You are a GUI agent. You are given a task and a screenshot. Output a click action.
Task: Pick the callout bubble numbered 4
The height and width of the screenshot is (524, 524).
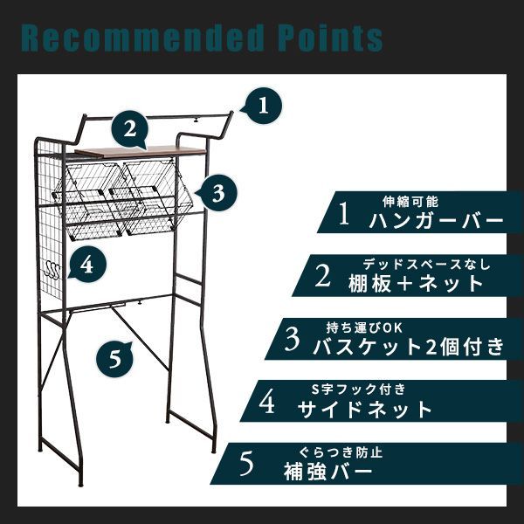click(x=87, y=264)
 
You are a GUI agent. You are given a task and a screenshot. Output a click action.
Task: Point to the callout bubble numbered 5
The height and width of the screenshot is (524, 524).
click(x=114, y=358)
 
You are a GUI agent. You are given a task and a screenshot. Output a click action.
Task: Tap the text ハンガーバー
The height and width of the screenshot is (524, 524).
click(x=436, y=220)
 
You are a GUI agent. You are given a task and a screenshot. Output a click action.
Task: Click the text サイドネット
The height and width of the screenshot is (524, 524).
click(x=365, y=409)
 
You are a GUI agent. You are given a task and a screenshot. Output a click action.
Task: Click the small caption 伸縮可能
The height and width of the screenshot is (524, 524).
click(x=406, y=200)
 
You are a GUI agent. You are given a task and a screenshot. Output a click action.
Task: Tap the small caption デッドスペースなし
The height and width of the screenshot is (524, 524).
click(x=428, y=264)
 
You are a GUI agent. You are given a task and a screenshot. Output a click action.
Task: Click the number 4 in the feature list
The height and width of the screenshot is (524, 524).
click(x=268, y=403)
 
